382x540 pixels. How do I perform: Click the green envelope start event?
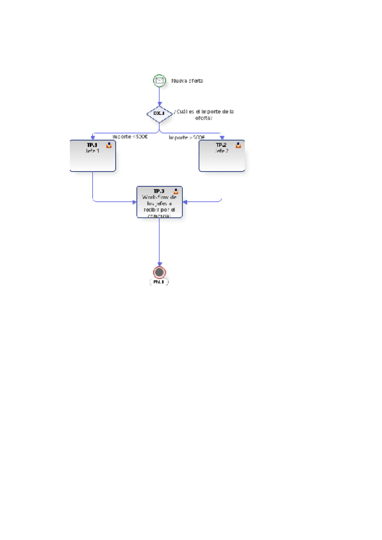coord(159,80)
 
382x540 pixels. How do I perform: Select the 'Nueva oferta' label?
coord(187,81)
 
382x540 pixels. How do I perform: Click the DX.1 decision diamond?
coord(159,114)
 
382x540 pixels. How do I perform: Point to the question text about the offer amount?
coord(204,115)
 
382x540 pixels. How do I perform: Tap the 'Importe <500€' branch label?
coord(130,136)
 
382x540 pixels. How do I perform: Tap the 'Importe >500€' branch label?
coord(187,137)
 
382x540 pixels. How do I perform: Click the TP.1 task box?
coord(92,156)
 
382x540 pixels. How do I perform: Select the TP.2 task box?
coord(222,156)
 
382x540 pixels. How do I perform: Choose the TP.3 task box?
coord(159,202)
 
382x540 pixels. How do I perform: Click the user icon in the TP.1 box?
coord(109,145)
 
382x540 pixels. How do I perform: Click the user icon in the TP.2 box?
coord(238,145)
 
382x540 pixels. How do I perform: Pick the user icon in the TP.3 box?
coord(176,191)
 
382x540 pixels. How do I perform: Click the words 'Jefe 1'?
coord(93,151)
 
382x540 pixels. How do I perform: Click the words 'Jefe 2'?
coord(222,151)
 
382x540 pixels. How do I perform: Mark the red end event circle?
coord(159,272)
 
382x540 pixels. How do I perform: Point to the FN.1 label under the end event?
coord(159,281)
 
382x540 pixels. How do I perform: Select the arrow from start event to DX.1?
coord(159,96)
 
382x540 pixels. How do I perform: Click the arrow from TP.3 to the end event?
coord(159,242)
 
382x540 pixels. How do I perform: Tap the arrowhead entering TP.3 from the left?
coord(134,202)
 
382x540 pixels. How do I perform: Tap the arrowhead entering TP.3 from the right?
coord(185,202)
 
